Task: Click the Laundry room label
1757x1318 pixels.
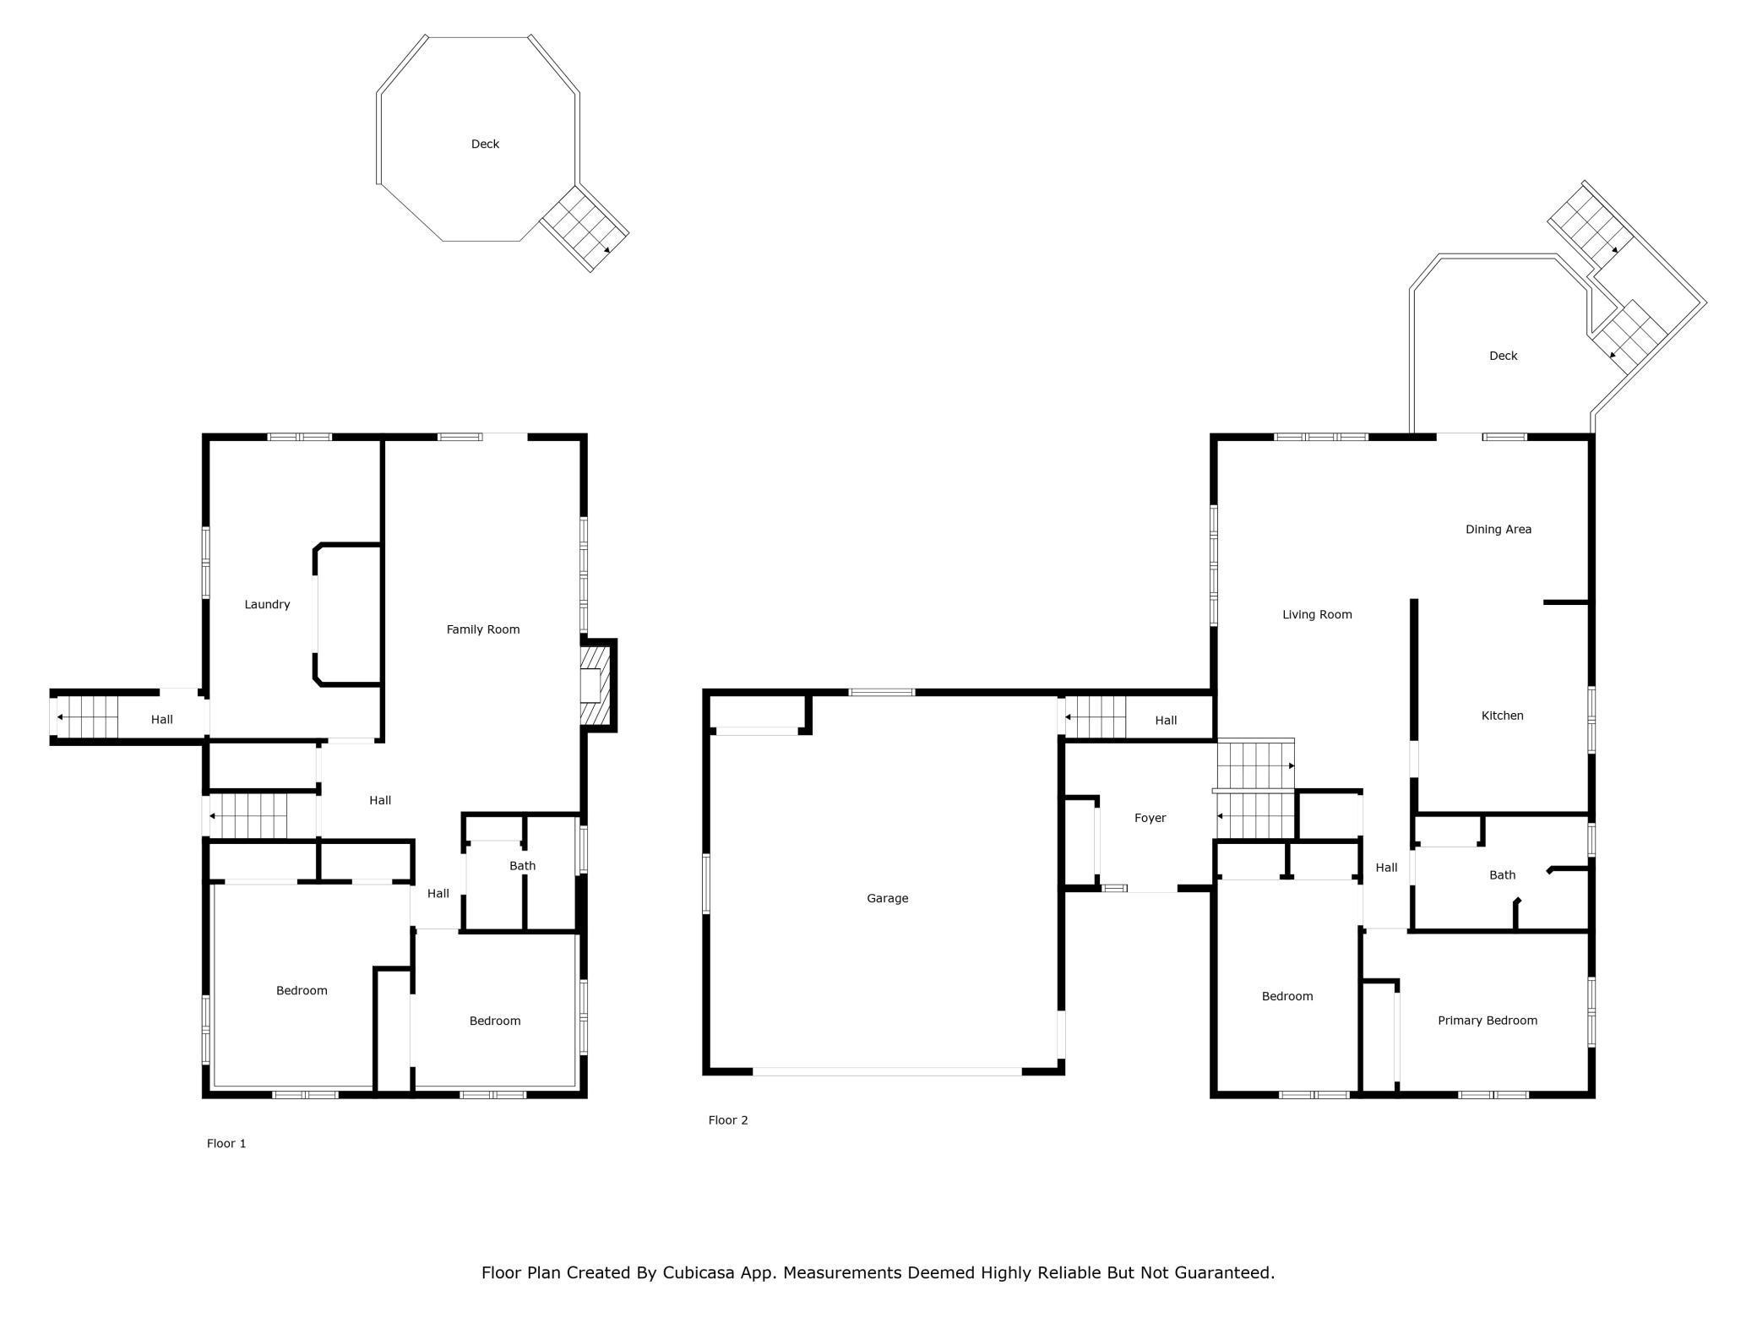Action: point(267,604)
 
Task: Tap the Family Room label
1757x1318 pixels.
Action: point(483,629)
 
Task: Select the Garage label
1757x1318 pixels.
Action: point(888,898)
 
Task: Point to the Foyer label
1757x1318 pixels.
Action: point(1150,818)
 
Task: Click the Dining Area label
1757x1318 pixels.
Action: point(1499,530)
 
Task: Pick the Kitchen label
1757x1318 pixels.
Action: point(1503,716)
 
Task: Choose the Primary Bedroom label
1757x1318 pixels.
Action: point(1488,1021)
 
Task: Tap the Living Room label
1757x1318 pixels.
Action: point(1317,615)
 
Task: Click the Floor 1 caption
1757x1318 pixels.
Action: point(226,1143)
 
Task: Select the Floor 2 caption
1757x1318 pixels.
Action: point(728,1120)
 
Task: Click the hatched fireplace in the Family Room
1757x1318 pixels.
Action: point(596,685)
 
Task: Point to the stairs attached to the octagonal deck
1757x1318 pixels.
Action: point(585,228)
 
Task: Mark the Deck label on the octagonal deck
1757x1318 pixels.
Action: point(485,144)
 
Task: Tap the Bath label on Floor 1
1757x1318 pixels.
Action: point(523,866)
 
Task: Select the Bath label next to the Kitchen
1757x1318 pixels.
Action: point(1503,875)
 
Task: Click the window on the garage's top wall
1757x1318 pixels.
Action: point(882,693)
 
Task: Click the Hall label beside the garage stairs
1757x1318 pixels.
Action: point(1167,721)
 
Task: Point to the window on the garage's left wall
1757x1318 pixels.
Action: point(706,884)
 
